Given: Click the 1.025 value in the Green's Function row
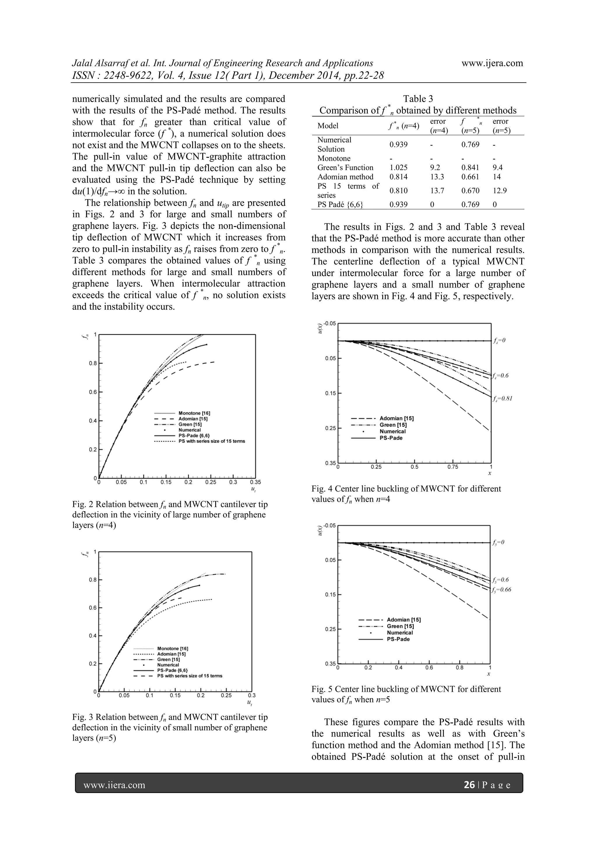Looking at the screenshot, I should coord(399,168).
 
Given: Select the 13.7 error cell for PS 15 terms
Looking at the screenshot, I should coord(437,191).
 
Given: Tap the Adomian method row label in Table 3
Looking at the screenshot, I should coord(345,177).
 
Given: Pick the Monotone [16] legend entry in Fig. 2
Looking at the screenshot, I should coord(194,413).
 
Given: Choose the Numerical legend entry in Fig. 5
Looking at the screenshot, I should coord(400,633).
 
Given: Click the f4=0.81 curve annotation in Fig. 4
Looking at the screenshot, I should coord(503,398).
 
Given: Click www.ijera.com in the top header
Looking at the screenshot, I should coord(492,63).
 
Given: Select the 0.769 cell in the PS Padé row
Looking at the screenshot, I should coord(470,205).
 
